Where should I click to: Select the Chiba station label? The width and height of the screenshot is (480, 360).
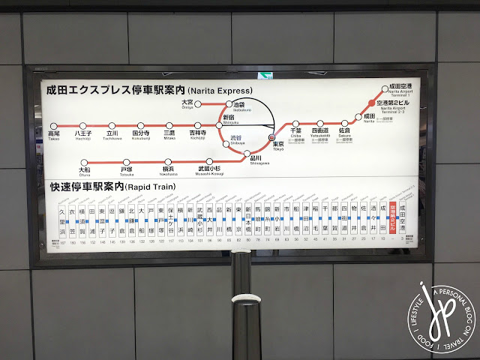pyautogui.click(x=295, y=133)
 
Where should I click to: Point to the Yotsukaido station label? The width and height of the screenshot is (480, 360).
pyautogui.click(x=319, y=133)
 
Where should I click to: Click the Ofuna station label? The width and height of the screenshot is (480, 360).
pyautogui.click(x=84, y=172)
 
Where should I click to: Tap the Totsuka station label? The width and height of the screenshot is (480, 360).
pyautogui.click(x=126, y=172)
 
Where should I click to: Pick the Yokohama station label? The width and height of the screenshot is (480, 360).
pyautogui.click(x=168, y=172)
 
